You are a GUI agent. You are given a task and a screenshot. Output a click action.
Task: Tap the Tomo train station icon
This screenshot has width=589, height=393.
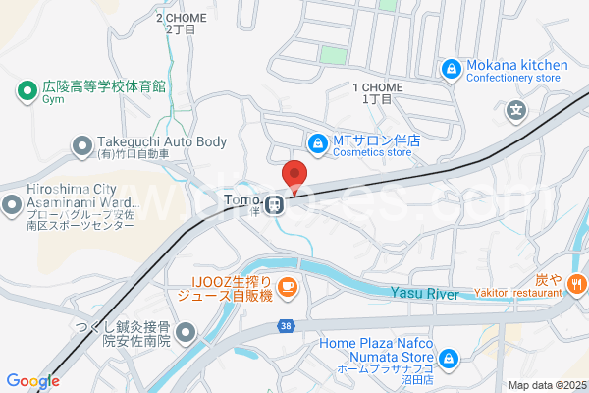click(278, 205)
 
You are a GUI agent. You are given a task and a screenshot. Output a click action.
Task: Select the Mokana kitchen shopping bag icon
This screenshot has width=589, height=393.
click(451, 69)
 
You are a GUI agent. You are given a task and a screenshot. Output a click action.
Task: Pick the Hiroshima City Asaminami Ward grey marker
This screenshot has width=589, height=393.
click(13, 205)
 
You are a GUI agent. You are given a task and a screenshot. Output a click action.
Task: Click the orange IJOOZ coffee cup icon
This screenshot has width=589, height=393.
click(287, 286)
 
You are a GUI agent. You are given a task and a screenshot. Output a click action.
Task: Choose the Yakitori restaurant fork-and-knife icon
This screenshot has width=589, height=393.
click(576, 285)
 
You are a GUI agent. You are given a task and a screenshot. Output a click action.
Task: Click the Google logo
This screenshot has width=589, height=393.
click(32, 381)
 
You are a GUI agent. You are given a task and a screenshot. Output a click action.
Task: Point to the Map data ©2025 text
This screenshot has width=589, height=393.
click(545, 385)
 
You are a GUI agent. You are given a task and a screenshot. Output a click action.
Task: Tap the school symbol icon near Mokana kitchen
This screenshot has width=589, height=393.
click(515, 110)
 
